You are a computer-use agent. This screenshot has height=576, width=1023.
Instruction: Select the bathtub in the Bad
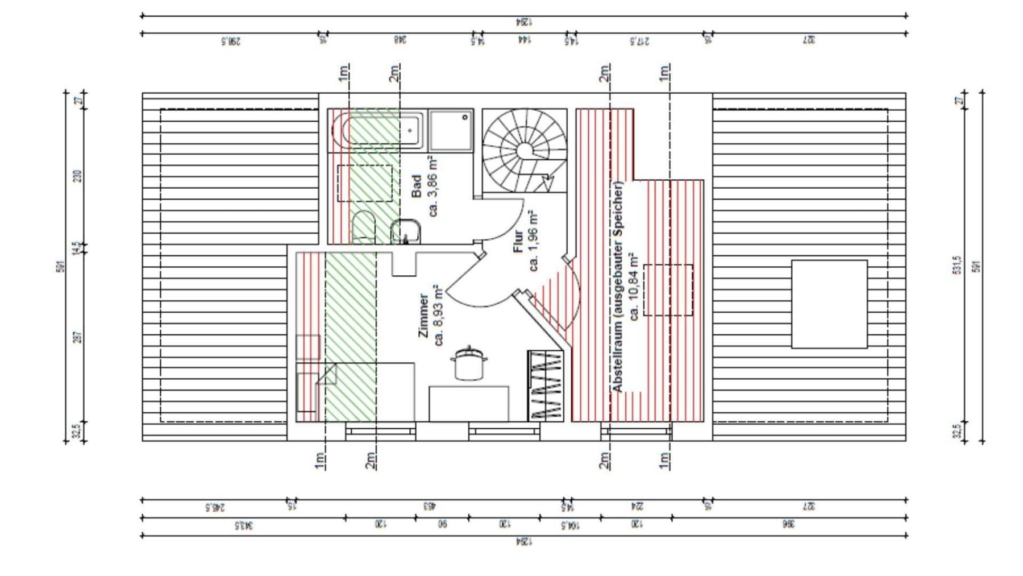coord(376,131)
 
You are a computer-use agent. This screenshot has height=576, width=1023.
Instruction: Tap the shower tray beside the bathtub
coord(451,131)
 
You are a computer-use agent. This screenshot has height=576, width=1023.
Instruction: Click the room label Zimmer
coord(423,316)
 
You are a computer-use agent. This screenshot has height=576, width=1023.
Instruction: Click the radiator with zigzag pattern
coord(546,386)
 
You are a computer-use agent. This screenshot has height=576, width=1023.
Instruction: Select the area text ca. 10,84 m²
coord(634,287)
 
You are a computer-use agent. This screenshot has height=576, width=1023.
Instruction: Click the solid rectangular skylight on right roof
coord(829,304)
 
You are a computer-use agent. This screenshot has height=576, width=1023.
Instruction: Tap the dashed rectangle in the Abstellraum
coord(667,290)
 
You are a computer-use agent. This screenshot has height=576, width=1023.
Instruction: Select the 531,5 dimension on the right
coord(956,265)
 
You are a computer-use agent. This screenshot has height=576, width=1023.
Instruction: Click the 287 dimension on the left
coord(78,337)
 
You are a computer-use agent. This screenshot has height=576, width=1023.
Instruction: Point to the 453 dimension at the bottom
coord(429,505)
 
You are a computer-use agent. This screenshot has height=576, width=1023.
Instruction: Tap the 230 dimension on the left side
coord(78,176)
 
